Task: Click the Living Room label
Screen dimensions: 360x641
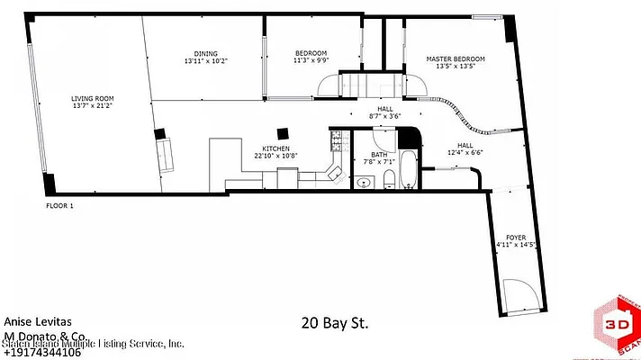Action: (93, 98)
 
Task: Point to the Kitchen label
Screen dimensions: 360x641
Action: (275, 148)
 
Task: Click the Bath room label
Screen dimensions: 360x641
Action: (379, 155)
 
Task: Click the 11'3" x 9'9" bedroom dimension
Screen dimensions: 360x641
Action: (310, 60)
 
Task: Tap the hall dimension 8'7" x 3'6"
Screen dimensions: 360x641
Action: (384, 116)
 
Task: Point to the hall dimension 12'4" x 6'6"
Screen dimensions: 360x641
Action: (465, 152)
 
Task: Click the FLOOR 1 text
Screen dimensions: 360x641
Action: (59, 206)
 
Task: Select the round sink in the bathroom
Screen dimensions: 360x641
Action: (364, 183)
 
